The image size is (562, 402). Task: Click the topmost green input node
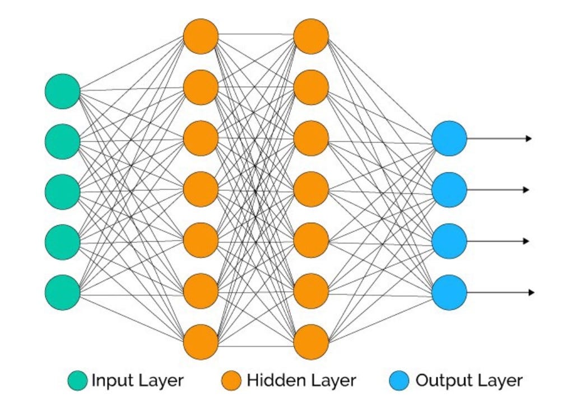coord(62,91)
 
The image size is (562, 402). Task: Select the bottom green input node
coord(62,292)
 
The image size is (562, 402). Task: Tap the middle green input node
coord(62,191)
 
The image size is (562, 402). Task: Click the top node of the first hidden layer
coord(201,36)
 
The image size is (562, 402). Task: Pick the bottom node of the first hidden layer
coord(201,342)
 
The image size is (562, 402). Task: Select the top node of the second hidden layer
coord(311,36)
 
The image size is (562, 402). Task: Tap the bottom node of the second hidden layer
coord(311,342)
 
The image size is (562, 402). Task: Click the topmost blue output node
coord(449,138)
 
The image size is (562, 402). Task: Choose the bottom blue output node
coord(449,292)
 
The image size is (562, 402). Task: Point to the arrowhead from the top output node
coord(529,138)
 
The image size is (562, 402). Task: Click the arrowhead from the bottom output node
coord(531,292)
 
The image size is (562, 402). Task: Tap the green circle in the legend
coord(77,381)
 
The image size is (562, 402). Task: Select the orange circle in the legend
coord(231,381)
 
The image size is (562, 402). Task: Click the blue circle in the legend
coord(399,381)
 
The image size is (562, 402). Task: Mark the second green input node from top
coord(62,142)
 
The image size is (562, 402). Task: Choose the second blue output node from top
coord(449,190)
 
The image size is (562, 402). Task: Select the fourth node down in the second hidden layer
coord(311,189)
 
